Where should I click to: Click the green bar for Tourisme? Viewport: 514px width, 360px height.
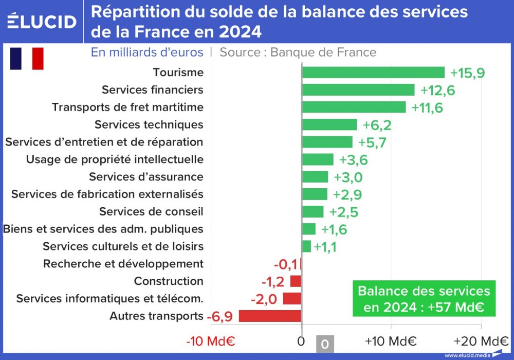point(373,73)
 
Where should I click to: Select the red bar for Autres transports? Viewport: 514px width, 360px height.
point(270,316)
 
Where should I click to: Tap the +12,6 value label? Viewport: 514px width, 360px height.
point(437,91)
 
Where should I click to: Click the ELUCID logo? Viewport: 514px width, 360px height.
point(42,21)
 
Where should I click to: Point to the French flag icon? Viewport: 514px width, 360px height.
point(27,58)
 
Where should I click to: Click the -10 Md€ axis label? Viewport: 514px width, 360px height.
point(210,341)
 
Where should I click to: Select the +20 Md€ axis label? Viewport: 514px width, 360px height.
point(481,341)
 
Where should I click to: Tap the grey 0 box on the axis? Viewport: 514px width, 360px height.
point(324,344)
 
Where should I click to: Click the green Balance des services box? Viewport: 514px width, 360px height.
point(424,299)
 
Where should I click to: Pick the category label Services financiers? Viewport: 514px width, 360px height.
point(152,90)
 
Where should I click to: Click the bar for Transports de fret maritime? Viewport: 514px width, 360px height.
point(354,107)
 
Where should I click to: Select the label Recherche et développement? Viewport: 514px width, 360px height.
point(123,264)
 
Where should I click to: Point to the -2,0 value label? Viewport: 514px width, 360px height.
point(264,299)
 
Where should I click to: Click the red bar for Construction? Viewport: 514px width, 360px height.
point(296,281)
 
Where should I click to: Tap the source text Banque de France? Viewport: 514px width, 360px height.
point(323,52)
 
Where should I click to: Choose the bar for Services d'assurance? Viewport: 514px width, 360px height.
point(315,177)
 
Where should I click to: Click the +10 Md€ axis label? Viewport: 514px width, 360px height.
point(391,341)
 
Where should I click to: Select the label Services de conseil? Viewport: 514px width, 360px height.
point(151,211)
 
